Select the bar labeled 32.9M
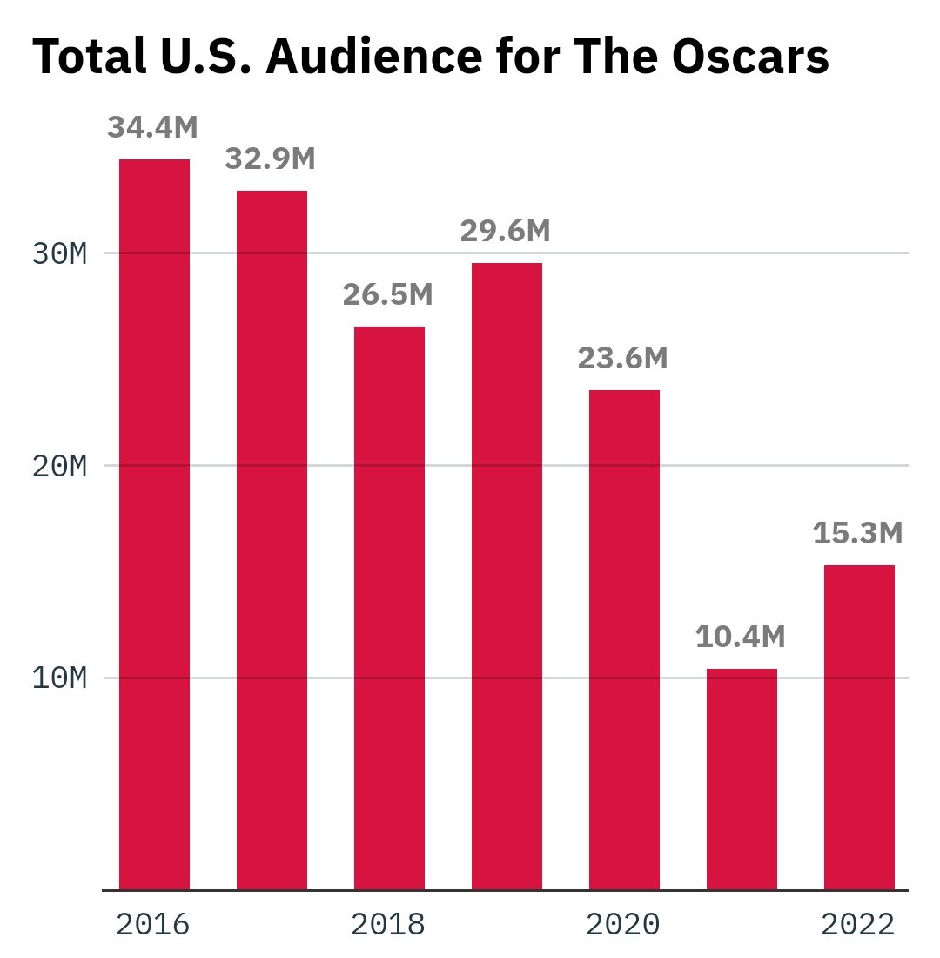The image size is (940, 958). pyautogui.click(x=272, y=540)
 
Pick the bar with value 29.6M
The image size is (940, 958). pyautogui.click(x=507, y=576)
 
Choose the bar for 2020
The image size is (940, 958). pyautogui.click(x=624, y=639)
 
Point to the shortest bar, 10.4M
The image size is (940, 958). pyautogui.click(x=742, y=779)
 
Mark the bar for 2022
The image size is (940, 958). pyautogui.click(x=859, y=727)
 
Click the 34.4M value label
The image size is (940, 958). pyautogui.click(x=152, y=128)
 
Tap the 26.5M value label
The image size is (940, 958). pyautogui.click(x=387, y=295)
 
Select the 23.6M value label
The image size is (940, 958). pyautogui.click(x=622, y=359)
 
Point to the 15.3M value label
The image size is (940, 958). pyautogui.click(x=857, y=534)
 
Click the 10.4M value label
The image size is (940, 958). pyautogui.click(x=740, y=638)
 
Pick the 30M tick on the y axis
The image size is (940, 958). pyautogui.click(x=59, y=254)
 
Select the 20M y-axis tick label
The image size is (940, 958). pyautogui.click(x=59, y=466)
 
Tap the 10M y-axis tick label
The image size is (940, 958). pyautogui.click(x=59, y=678)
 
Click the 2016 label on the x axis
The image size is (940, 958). pyautogui.click(x=152, y=925)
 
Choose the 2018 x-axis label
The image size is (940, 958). pyautogui.click(x=387, y=925)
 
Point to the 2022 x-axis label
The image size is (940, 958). pyautogui.click(x=857, y=925)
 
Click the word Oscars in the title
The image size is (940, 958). pyautogui.click(x=749, y=57)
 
